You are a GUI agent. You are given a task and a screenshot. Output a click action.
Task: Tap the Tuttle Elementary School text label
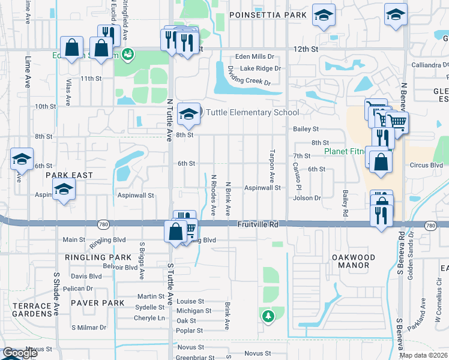(252, 112)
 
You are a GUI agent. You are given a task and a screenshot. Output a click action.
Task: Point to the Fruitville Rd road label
(258, 224)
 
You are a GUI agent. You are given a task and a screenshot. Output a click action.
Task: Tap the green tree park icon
(268, 314)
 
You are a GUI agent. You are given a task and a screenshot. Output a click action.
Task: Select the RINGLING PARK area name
(93, 257)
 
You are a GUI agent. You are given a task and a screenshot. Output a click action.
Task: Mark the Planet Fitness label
(345, 152)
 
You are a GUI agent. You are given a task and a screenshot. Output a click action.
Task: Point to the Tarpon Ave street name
(272, 166)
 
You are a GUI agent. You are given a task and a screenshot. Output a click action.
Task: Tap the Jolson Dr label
(308, 197)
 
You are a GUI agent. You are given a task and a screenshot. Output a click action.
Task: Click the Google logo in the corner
(19, 353)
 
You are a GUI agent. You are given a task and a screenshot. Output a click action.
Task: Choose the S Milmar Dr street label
(89, 328)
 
